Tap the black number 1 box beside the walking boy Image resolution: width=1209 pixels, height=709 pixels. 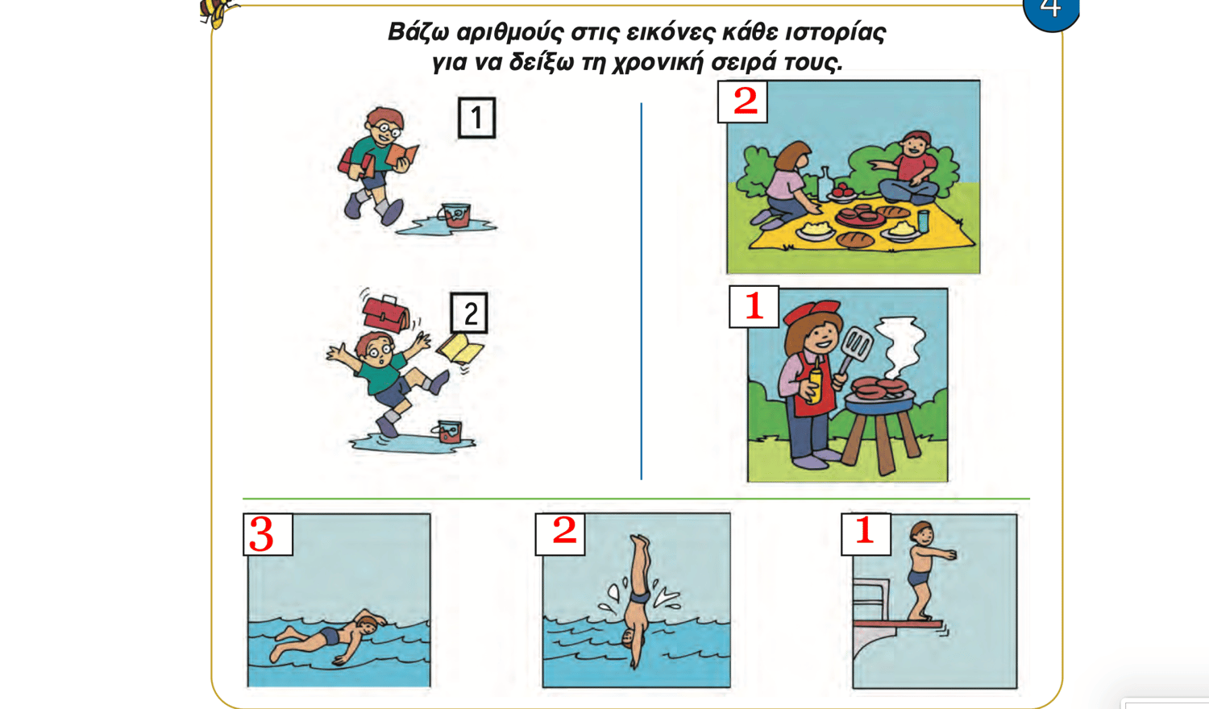click(x=476, y=118)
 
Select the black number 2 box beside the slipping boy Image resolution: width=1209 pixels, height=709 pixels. click(x=469, y=313)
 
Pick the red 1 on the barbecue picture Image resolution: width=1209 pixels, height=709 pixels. click(x=754, y=306)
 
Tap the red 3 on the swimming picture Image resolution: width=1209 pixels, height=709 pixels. click(x=262, y=535)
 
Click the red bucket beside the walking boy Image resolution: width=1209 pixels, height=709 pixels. click(x=455, y=215)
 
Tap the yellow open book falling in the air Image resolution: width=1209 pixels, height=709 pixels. click(x=460, y=349)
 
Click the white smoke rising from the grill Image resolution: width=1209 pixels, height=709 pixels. click(x=899, y=346)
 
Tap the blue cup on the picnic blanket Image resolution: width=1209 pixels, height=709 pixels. click(x=923, y=221)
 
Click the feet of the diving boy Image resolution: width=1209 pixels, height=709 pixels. click(x=640, y=541)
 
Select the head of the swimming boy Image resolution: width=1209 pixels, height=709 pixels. click(x=368, y=625)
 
